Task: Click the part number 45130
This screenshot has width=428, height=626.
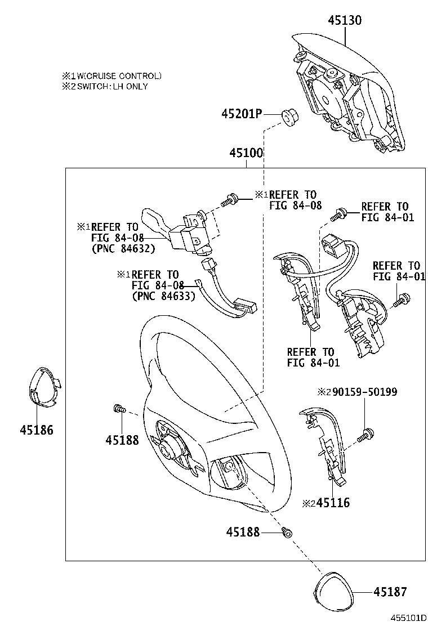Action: pyautogui.click(x=345, y=20)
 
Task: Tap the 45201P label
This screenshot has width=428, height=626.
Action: pyautogui.click(x=242, y=114)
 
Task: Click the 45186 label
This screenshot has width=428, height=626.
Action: pyautogui.click(x=37, y=430)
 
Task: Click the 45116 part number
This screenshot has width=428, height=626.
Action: pyautogui.click(x=332, y=503)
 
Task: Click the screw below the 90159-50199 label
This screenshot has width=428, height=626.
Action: pyautogui.click(x=367, y=434)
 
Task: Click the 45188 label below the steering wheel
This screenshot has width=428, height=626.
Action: pyautogui.click(x=243, y=531)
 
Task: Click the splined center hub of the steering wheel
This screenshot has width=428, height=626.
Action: pyautogui.click(x=169, y=449)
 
